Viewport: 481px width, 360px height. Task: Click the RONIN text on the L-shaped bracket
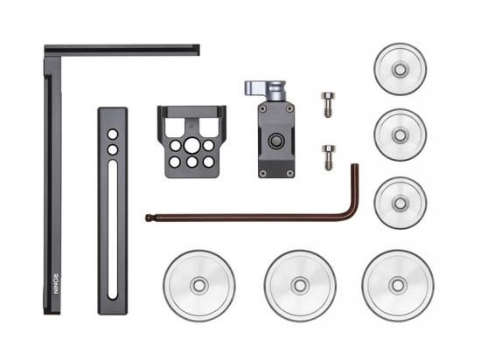(55, 284)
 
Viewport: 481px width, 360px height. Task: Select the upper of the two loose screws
(328, 105)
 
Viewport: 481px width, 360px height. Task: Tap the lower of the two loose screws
(329, 157)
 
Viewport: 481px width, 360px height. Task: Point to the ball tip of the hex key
(149, 218)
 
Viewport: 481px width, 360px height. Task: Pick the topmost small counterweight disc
(400, 69)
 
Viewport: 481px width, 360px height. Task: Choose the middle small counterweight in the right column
(400, 135)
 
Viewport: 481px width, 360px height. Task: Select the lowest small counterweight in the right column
(400, 203)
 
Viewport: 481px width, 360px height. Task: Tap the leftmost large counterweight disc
(199, 286)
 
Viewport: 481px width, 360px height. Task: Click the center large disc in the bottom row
(300, 286)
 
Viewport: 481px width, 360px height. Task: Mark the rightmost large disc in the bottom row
(398, 286)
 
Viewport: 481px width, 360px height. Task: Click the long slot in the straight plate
(113, 230)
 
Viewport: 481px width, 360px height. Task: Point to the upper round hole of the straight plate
(113, 134)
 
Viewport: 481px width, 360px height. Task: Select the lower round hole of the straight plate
(113, 149)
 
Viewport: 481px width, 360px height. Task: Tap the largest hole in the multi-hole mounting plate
(192, 145)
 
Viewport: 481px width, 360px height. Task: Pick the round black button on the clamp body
(276, 141)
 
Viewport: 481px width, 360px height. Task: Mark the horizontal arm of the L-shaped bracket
(122, 50)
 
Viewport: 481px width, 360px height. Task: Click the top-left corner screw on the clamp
(262, 108)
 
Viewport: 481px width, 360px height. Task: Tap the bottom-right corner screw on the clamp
(289, 173)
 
